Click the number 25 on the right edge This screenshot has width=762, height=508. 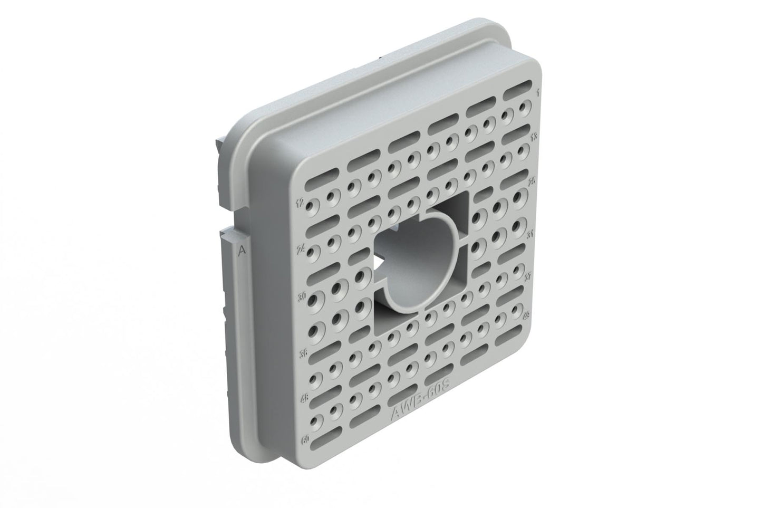[532, 181]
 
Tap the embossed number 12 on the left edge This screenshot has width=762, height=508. [300, 202]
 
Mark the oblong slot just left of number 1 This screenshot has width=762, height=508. [517, 93]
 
